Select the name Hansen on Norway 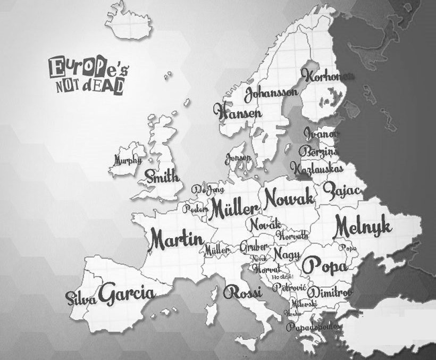(x=237, y=112)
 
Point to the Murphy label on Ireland (x=128, y=160)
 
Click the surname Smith (x=162, y=177)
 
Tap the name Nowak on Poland (x=289, y=199)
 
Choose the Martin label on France (x=176, y=240)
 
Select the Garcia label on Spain (x=127, y=294)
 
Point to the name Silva (x=81, y=298)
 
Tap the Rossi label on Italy (x=242, y=292)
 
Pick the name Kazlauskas (x=316, y=168)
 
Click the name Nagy (x=287, y=253)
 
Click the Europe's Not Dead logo (x=87, y=76)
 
